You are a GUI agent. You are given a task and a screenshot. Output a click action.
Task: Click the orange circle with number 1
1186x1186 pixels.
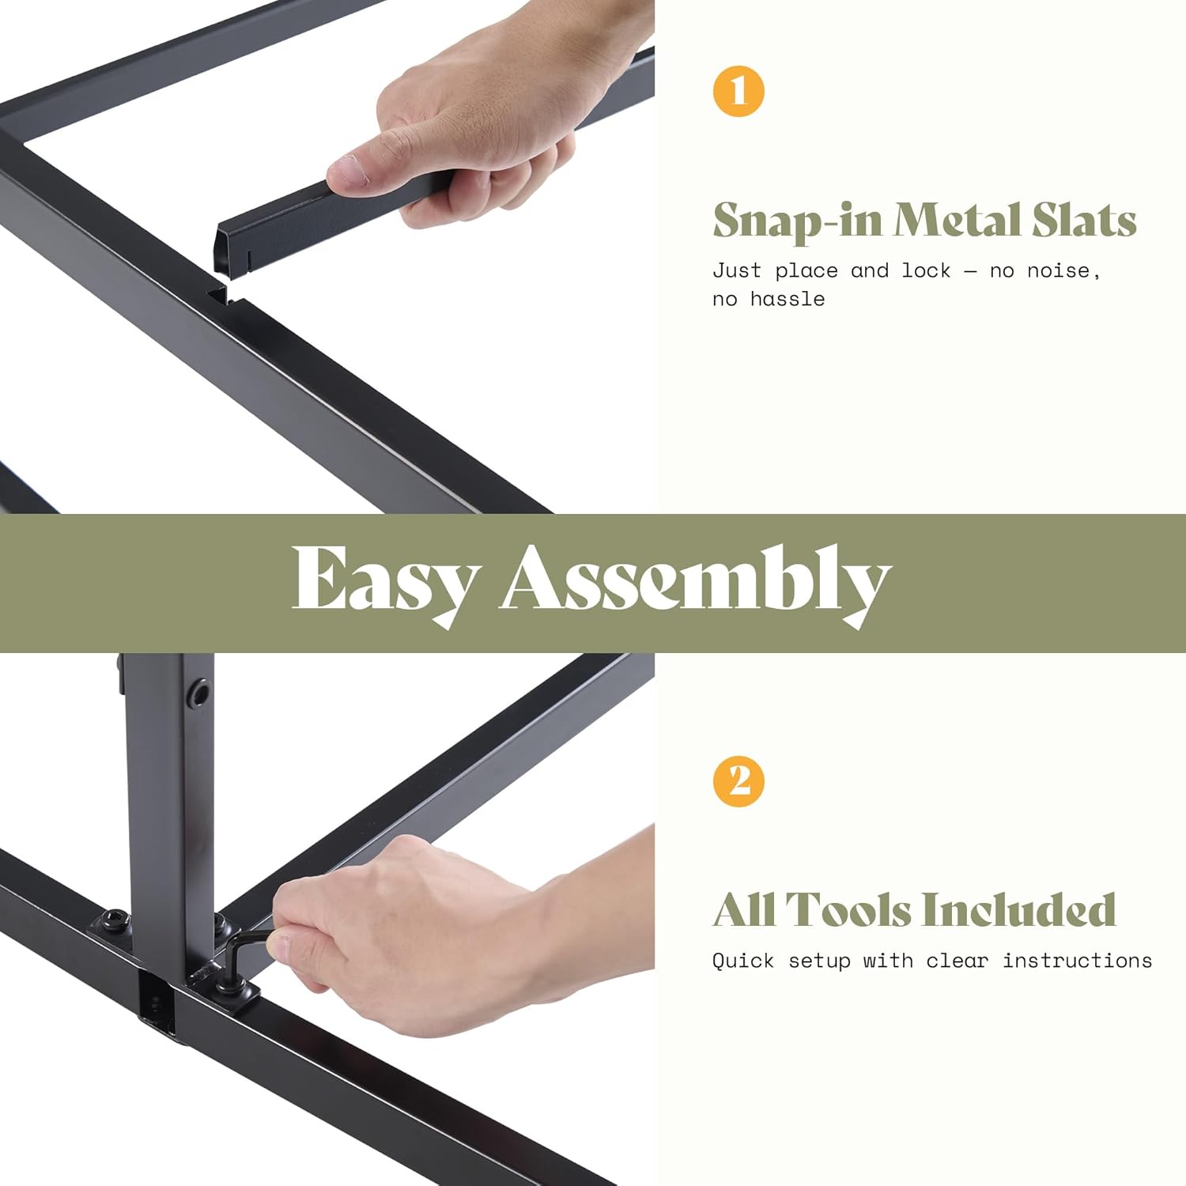[738, 91]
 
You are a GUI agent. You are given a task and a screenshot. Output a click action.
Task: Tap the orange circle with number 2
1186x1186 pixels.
[738, 781]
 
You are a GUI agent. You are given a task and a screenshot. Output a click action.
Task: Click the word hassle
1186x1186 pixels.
[788, 299]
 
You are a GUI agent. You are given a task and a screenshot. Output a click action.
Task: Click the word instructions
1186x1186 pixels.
[1077, 961]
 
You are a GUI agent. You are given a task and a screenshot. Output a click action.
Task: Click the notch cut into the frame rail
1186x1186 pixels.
[219, 296]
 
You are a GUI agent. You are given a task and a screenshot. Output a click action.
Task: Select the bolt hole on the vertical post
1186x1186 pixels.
[199, 693]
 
